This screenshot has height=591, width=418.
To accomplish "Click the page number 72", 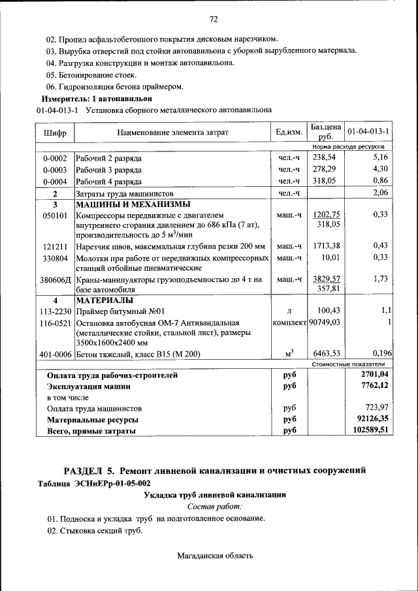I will click(213, 18).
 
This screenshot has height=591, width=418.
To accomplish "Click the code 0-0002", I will click(55, 158).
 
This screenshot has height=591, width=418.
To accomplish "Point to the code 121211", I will click(56, 246).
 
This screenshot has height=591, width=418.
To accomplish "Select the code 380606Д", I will click(56, 280).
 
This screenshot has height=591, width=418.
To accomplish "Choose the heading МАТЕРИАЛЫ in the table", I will click(104, 300).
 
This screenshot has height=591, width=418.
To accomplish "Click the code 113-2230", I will click(55, 311).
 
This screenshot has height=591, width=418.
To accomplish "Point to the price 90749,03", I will click(329, 323).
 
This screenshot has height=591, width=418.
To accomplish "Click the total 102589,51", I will click(367, 430).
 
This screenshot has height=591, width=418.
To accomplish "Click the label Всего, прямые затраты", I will click(91, 431).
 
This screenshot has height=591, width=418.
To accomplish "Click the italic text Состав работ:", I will click(214, 506).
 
